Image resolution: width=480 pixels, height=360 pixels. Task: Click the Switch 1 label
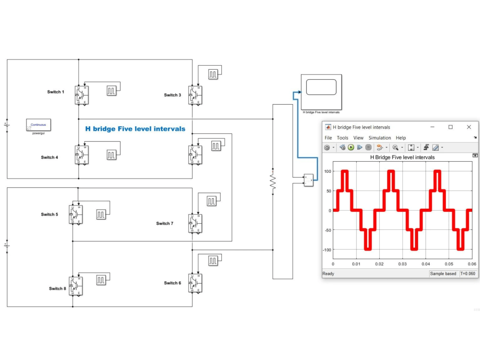coord(55,92)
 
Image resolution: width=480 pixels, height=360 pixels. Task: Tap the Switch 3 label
coord(172,95)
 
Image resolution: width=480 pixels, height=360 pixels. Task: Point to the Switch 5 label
coord(49,215)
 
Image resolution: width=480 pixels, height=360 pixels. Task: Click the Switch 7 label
coord(165,223)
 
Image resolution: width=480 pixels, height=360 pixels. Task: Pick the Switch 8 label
coord(57,288)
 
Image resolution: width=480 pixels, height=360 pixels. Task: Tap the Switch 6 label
coord(172,283)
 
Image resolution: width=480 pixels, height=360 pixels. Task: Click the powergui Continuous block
coord(39,126)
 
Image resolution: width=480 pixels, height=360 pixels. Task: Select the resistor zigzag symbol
coord(273,182)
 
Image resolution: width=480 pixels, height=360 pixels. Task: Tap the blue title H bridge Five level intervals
coord(135,129)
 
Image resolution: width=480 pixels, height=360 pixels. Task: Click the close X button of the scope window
coord(469,127)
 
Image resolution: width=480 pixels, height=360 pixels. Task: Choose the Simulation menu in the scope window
coord(380,138)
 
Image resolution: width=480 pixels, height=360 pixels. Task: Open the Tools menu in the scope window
coord(342,138)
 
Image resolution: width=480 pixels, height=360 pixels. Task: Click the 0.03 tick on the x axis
coord(403,264)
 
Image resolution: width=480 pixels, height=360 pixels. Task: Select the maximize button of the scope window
coord(450,127)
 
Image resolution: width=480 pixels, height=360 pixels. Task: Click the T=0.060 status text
coord(468,274)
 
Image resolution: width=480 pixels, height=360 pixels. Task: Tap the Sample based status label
coord(444,274)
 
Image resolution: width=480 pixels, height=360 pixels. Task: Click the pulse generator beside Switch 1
coord(112,91)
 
